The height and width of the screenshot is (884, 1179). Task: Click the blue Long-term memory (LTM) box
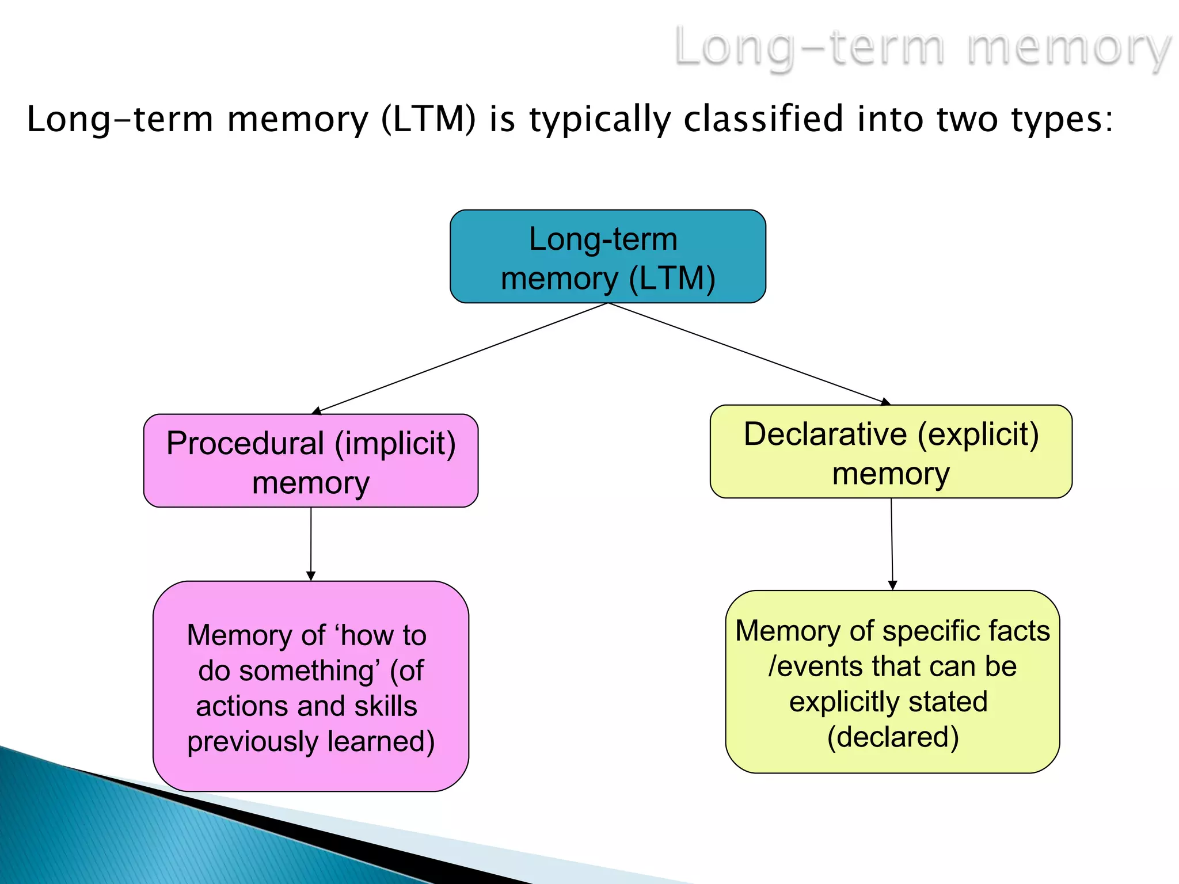click(x=607, y=256)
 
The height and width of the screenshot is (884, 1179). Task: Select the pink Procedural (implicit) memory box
click(x=310, y=460)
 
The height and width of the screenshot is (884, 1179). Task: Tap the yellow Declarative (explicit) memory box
click(x=891, y=452)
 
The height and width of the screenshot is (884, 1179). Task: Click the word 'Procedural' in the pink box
click(x=245, y=444)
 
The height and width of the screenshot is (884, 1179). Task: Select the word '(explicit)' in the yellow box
click(x=978, y=435)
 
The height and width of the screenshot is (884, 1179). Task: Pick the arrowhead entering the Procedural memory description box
click(x=311, y=576)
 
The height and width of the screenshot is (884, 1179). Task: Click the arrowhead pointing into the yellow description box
click(x=892, y=585)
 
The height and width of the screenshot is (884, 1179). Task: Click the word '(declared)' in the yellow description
click(x=893, y=737)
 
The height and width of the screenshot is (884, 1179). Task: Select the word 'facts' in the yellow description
click(x=1017, y=631)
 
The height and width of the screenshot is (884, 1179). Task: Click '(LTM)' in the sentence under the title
click(x=429, y=119)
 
